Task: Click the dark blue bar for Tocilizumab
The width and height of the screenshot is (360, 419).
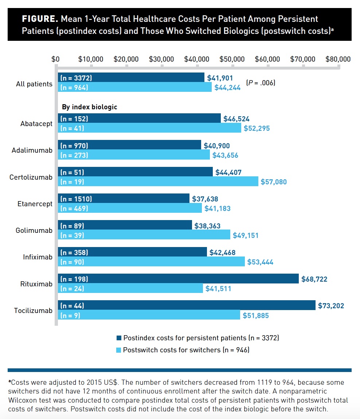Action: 187,305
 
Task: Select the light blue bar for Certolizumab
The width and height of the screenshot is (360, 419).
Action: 158,181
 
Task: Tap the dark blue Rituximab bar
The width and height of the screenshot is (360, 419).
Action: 178,279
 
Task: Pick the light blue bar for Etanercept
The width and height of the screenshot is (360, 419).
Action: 130,208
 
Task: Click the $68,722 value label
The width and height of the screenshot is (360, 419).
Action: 314,279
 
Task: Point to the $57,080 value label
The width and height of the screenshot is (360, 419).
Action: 274,182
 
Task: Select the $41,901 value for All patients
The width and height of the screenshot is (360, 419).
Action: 220,78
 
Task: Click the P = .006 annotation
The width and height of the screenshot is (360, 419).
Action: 261,83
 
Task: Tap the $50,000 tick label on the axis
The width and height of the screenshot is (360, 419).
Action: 232,59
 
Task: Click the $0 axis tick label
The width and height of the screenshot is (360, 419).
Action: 55,59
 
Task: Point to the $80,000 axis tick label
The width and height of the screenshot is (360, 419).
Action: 338,59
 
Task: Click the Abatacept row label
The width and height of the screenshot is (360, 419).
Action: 36,124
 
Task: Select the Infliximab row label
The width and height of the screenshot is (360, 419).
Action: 38,257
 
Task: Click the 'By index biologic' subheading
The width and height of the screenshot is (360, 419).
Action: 89,107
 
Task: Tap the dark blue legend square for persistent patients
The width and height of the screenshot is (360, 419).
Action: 118,338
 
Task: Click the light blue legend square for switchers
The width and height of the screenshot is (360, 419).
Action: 118,350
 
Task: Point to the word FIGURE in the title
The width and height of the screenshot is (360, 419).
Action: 39,19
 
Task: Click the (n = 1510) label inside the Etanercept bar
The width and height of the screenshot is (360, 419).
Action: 76,199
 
